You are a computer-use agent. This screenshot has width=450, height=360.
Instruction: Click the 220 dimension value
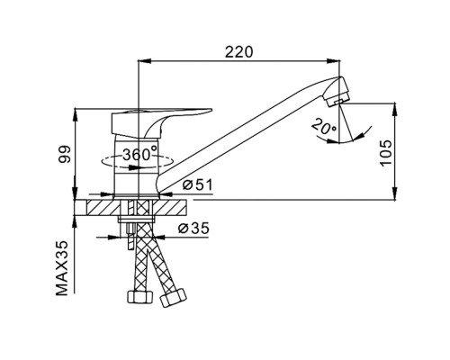(239, 52)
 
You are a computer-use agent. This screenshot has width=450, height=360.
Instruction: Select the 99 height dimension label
(64, 154)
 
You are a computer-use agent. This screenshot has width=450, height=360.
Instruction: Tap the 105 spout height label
(385, 152)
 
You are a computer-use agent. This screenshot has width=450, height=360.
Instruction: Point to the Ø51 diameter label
(197, 185)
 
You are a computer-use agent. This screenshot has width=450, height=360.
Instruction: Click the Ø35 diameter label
(193, 229)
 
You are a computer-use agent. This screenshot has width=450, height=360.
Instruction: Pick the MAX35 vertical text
(62, 268)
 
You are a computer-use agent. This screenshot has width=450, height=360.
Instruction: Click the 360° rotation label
(139, 155)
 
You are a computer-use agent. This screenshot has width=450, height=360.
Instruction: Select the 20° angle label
(323, 126)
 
